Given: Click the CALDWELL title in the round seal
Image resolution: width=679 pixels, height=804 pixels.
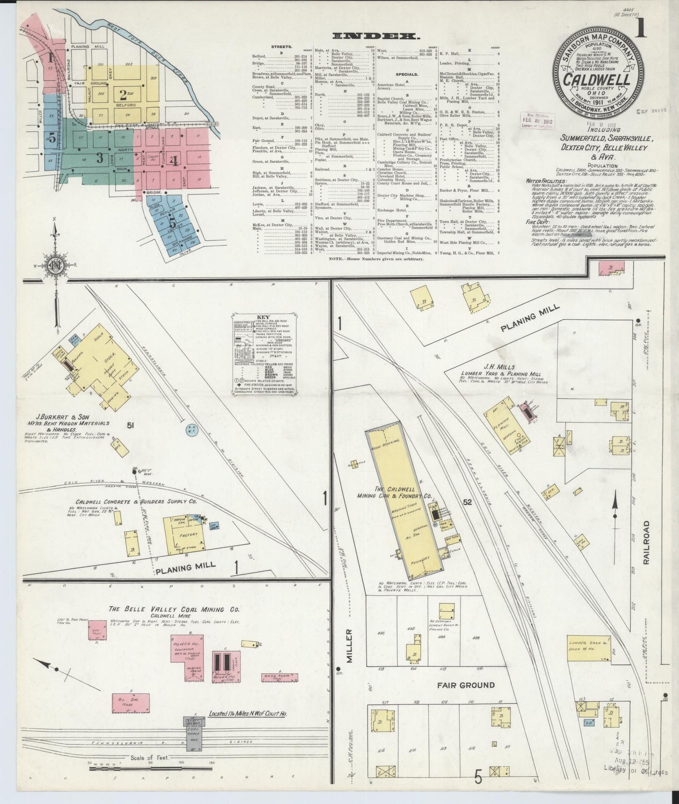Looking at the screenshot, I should click(597, 79).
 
